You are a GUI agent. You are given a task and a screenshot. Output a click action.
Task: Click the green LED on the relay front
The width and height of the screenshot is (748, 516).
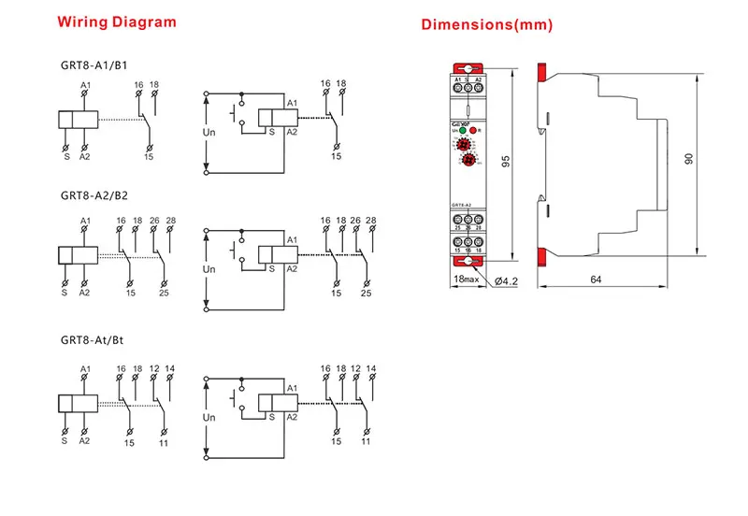(x=462, y=131)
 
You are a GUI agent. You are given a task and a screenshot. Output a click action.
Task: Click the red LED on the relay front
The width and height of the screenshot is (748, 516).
(x=473, y=131)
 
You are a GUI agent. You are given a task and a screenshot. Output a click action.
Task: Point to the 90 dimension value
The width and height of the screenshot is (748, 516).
(x=689, y=158)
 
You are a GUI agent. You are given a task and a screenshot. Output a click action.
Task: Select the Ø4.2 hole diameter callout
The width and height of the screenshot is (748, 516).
(x=506, y=279)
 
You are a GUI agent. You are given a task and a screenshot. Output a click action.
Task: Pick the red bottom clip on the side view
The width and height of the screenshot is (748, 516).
(x=540, y=255)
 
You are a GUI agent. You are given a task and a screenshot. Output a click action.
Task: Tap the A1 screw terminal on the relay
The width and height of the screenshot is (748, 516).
(x=458, y=88)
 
